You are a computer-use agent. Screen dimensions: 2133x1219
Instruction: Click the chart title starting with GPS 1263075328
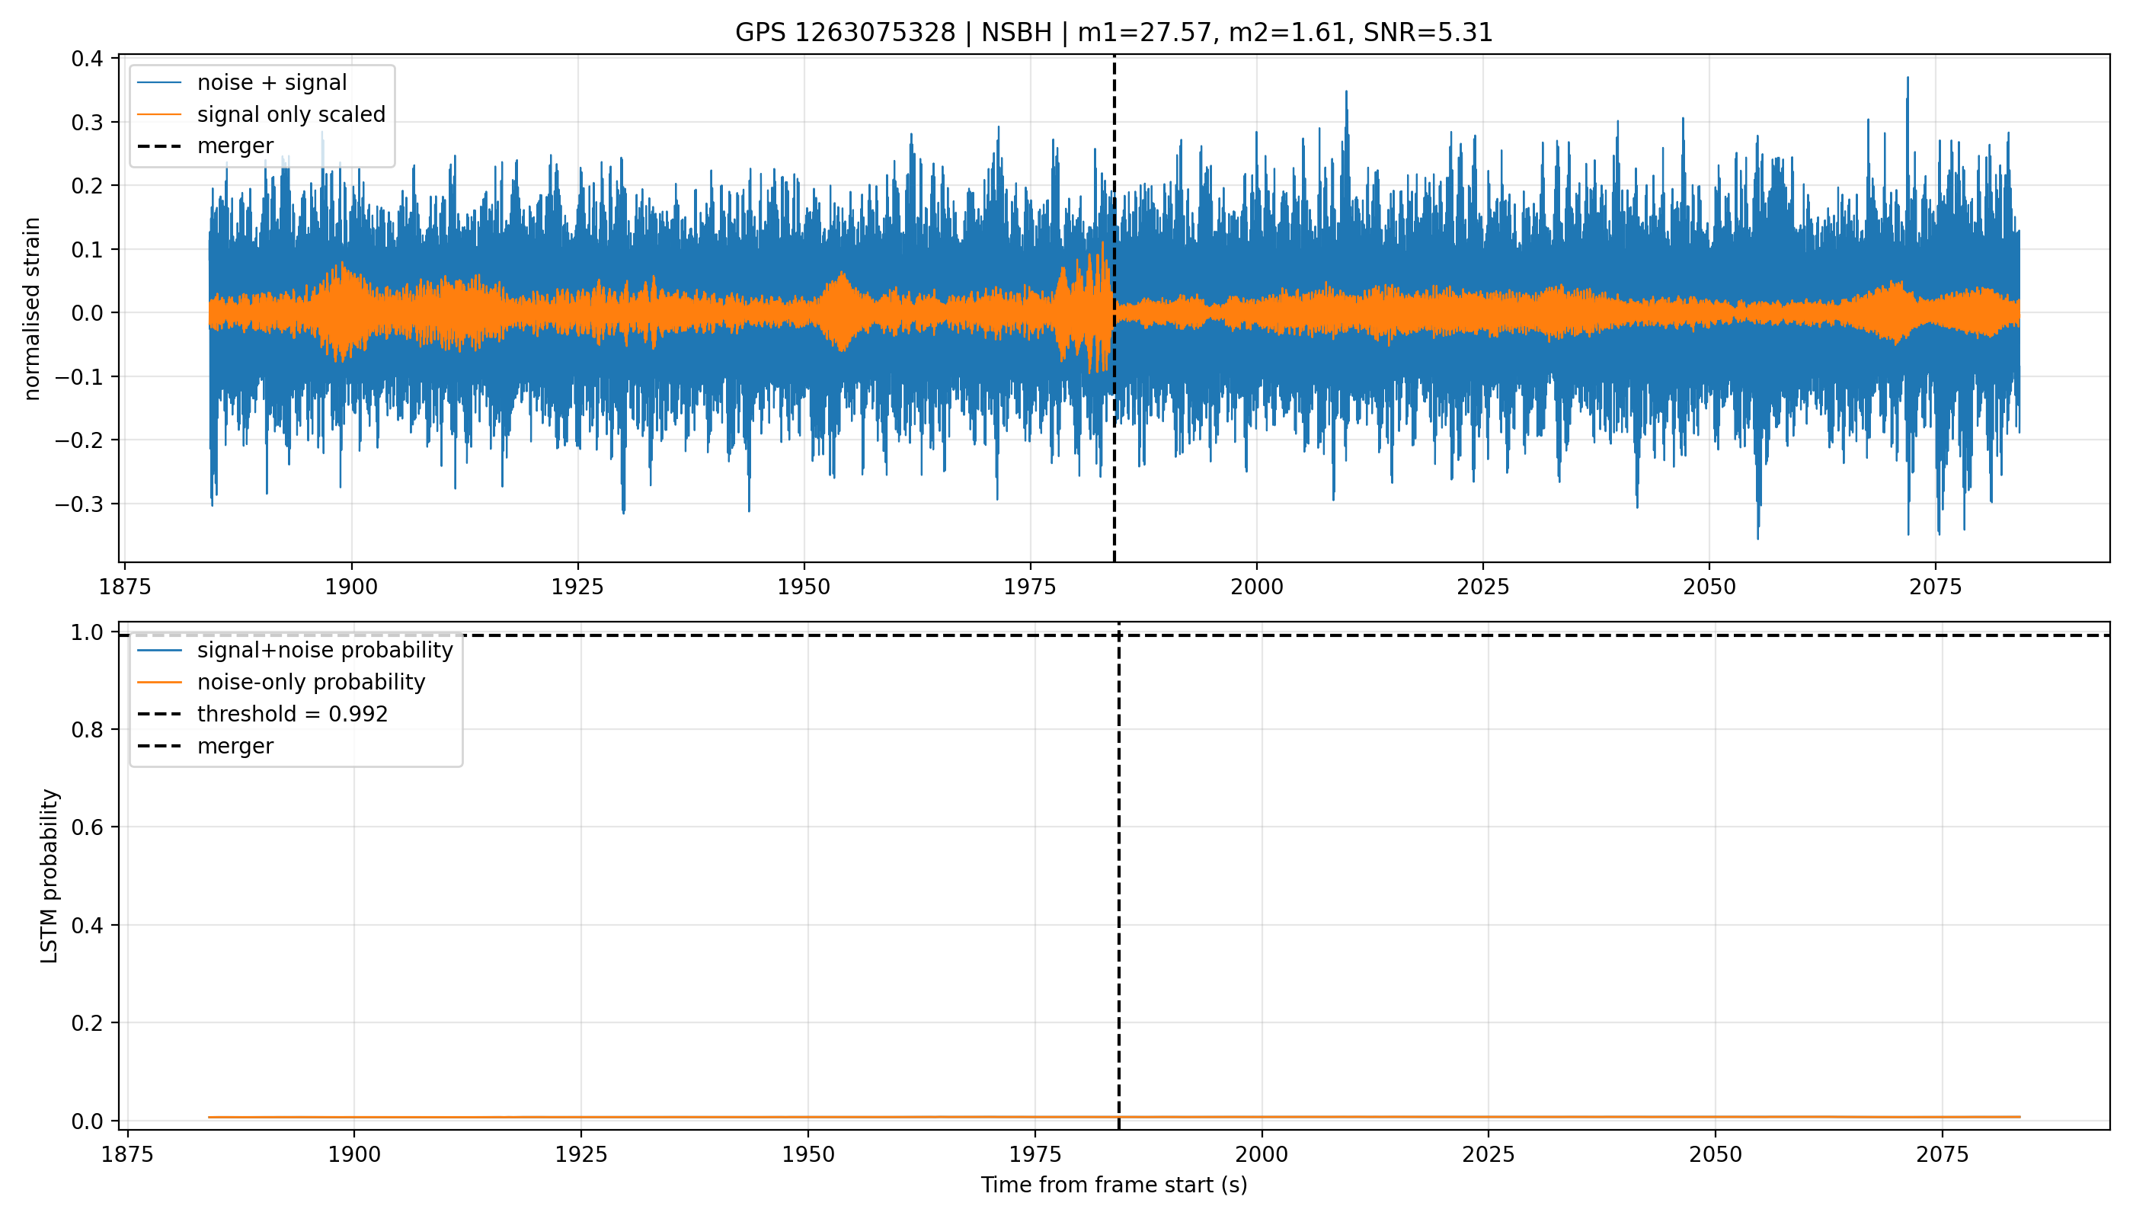tap(1114, 33)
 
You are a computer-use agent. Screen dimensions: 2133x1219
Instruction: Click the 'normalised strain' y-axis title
tap(32, 309)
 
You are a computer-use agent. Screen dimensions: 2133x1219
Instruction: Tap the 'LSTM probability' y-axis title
tap(50, 875)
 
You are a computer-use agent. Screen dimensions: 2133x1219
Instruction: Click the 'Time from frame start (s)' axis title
tap(1114, 1185)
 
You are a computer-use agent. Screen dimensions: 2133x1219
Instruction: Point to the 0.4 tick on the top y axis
tap(87, 59)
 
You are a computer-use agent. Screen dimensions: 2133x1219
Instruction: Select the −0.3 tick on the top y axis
tap(79, 504)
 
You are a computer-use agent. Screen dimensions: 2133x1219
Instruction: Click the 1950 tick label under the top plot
tap(804, 587)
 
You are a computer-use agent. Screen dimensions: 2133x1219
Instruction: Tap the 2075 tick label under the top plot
tap(1936, 587)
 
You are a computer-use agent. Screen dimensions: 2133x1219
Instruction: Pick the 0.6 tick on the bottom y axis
tap(87, 827)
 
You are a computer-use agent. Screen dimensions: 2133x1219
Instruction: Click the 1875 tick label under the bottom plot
tap(126, 1154)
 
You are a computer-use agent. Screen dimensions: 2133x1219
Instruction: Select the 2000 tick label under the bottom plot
tap(1262, 1154)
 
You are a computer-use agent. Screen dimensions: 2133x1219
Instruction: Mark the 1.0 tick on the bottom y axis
tap(87, 632)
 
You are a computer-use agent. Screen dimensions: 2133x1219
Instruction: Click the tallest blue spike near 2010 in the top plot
tap(1346, 91)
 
